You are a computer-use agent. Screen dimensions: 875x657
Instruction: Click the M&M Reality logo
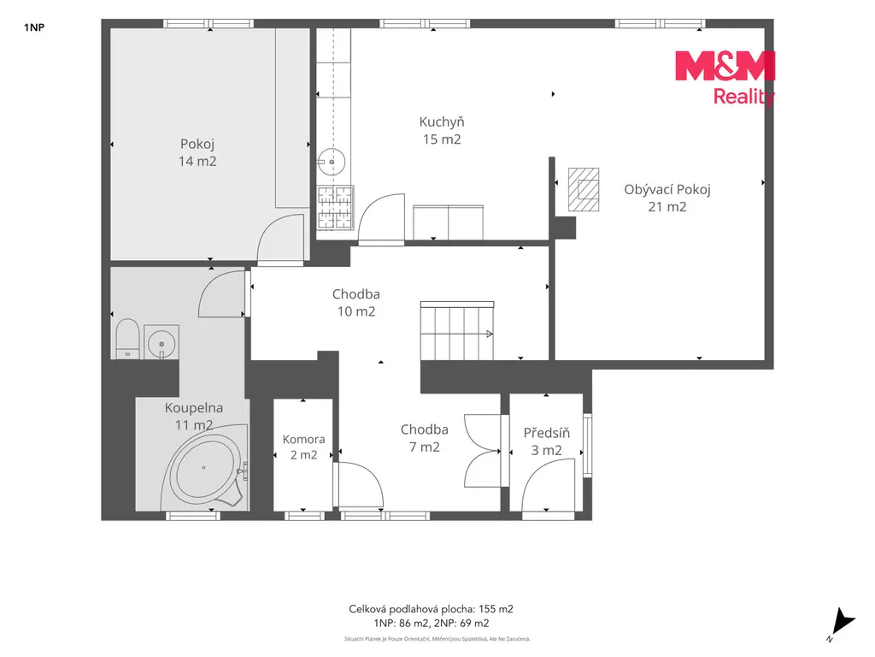pyautogui.click(x=725, y=78)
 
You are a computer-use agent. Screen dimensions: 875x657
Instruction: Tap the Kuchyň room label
pyautogui.click(x=442, y=121)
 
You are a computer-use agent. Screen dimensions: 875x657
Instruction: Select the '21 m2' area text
pyautogui.click(x=667, y=207)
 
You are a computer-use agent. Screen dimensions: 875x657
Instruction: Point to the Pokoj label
pyautogui.click(x=197, y=144)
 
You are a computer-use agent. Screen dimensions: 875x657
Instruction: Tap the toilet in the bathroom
pyautogui.click(x=127, y=338)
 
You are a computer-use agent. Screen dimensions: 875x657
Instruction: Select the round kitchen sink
pyautogui.click(x=332, y=162)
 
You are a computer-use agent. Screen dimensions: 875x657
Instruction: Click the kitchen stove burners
pyautogui.click(x=335, y=208)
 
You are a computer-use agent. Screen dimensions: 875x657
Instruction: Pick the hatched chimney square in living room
pyautogui.click(x=584, y=189)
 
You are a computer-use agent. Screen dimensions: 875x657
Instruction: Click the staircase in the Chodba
pyautogui.click(x=457, y=331)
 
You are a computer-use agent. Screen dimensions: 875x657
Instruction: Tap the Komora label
pyautogui.click(x=303, y=439)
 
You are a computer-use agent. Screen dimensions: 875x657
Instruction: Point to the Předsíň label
pyautogui.click(x=546, y=432)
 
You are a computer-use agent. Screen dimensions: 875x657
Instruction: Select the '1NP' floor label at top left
pyautogui.click(x=34, y=27)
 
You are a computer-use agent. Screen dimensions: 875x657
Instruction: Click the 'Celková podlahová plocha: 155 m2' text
pyautogui.click(x=431, y=609)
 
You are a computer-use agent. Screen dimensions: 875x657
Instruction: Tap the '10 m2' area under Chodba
pyautogui.click(x=356, y=311)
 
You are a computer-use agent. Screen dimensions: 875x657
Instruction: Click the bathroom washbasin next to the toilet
pyautogui.click(x=161, y=342)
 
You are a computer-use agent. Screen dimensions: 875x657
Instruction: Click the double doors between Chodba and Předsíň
pyautogui.click(x=484, y=451)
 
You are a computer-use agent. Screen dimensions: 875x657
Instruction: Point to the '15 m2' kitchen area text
pyautogui.click(x=442, y=139)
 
